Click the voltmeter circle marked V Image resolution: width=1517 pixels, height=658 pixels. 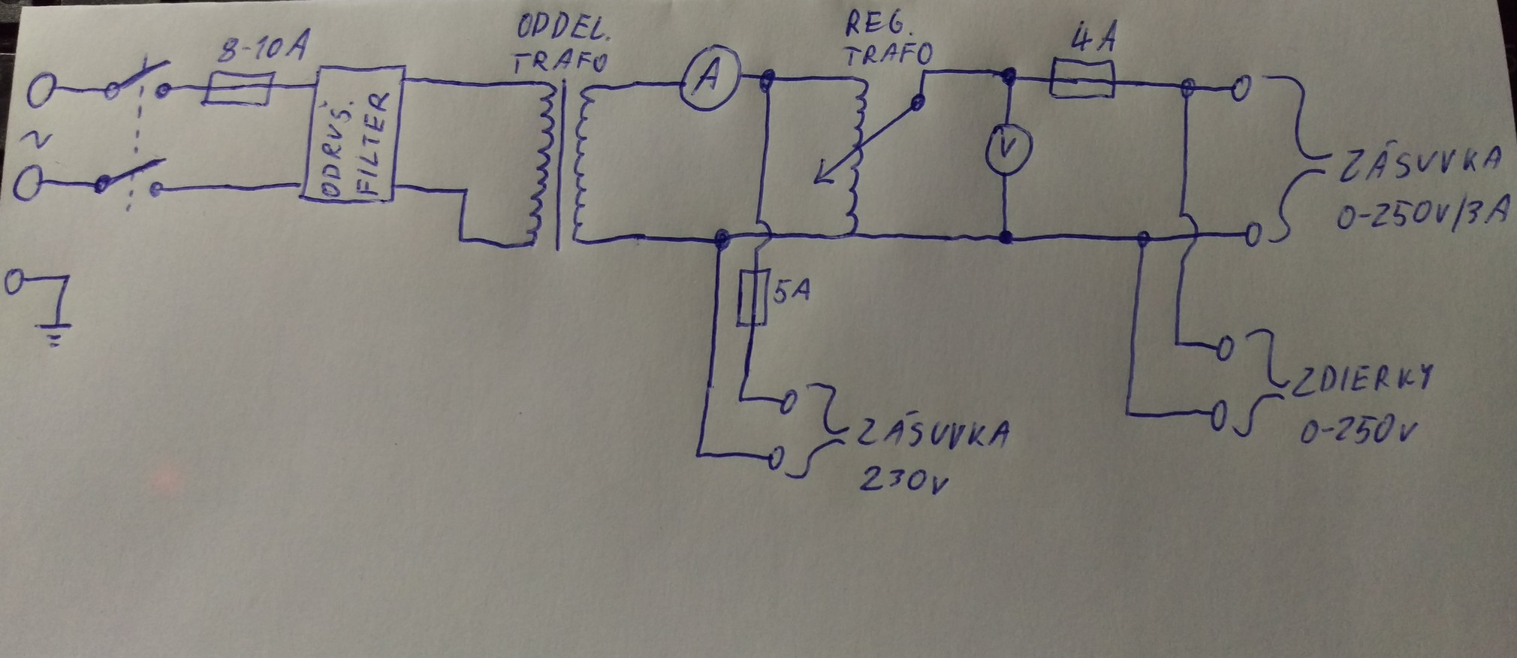pyautogui.click(x=1009, y=148)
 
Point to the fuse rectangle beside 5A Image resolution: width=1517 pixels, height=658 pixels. pyautogui.click(x=751, y=297)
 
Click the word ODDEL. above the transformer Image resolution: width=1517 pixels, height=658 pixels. pyautogui.click(x=562, y=30)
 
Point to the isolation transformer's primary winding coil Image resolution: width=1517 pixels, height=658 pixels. pyautogui.click(x=538, y=165)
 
